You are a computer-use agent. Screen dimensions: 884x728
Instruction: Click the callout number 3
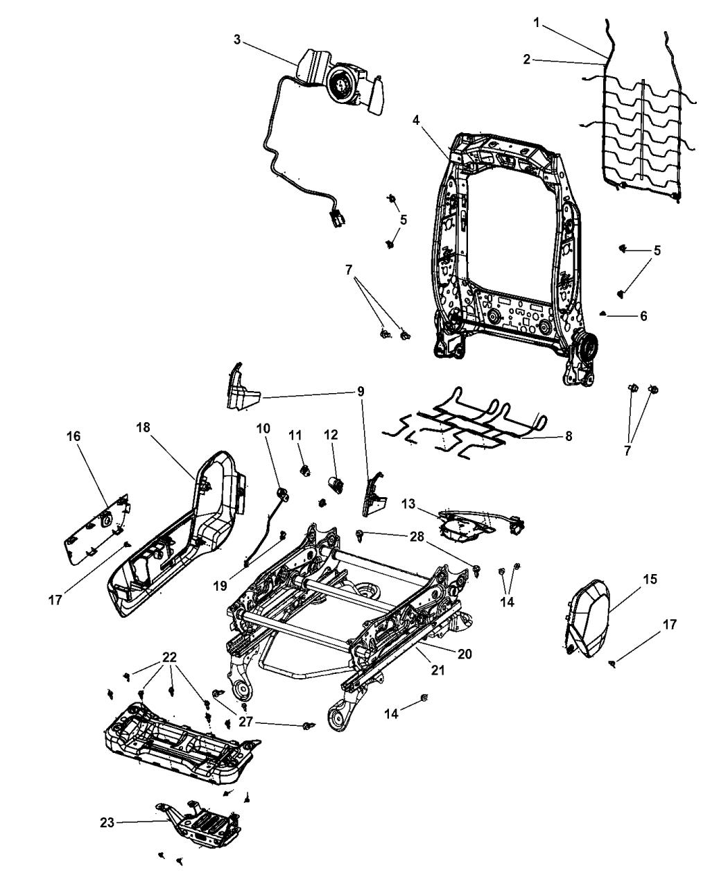237,40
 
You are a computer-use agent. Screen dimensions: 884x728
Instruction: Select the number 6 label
643,316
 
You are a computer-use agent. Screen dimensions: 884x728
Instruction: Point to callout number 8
569,436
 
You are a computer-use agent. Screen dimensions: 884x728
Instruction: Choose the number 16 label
73,436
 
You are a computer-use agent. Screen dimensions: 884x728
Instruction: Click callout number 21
437,670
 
